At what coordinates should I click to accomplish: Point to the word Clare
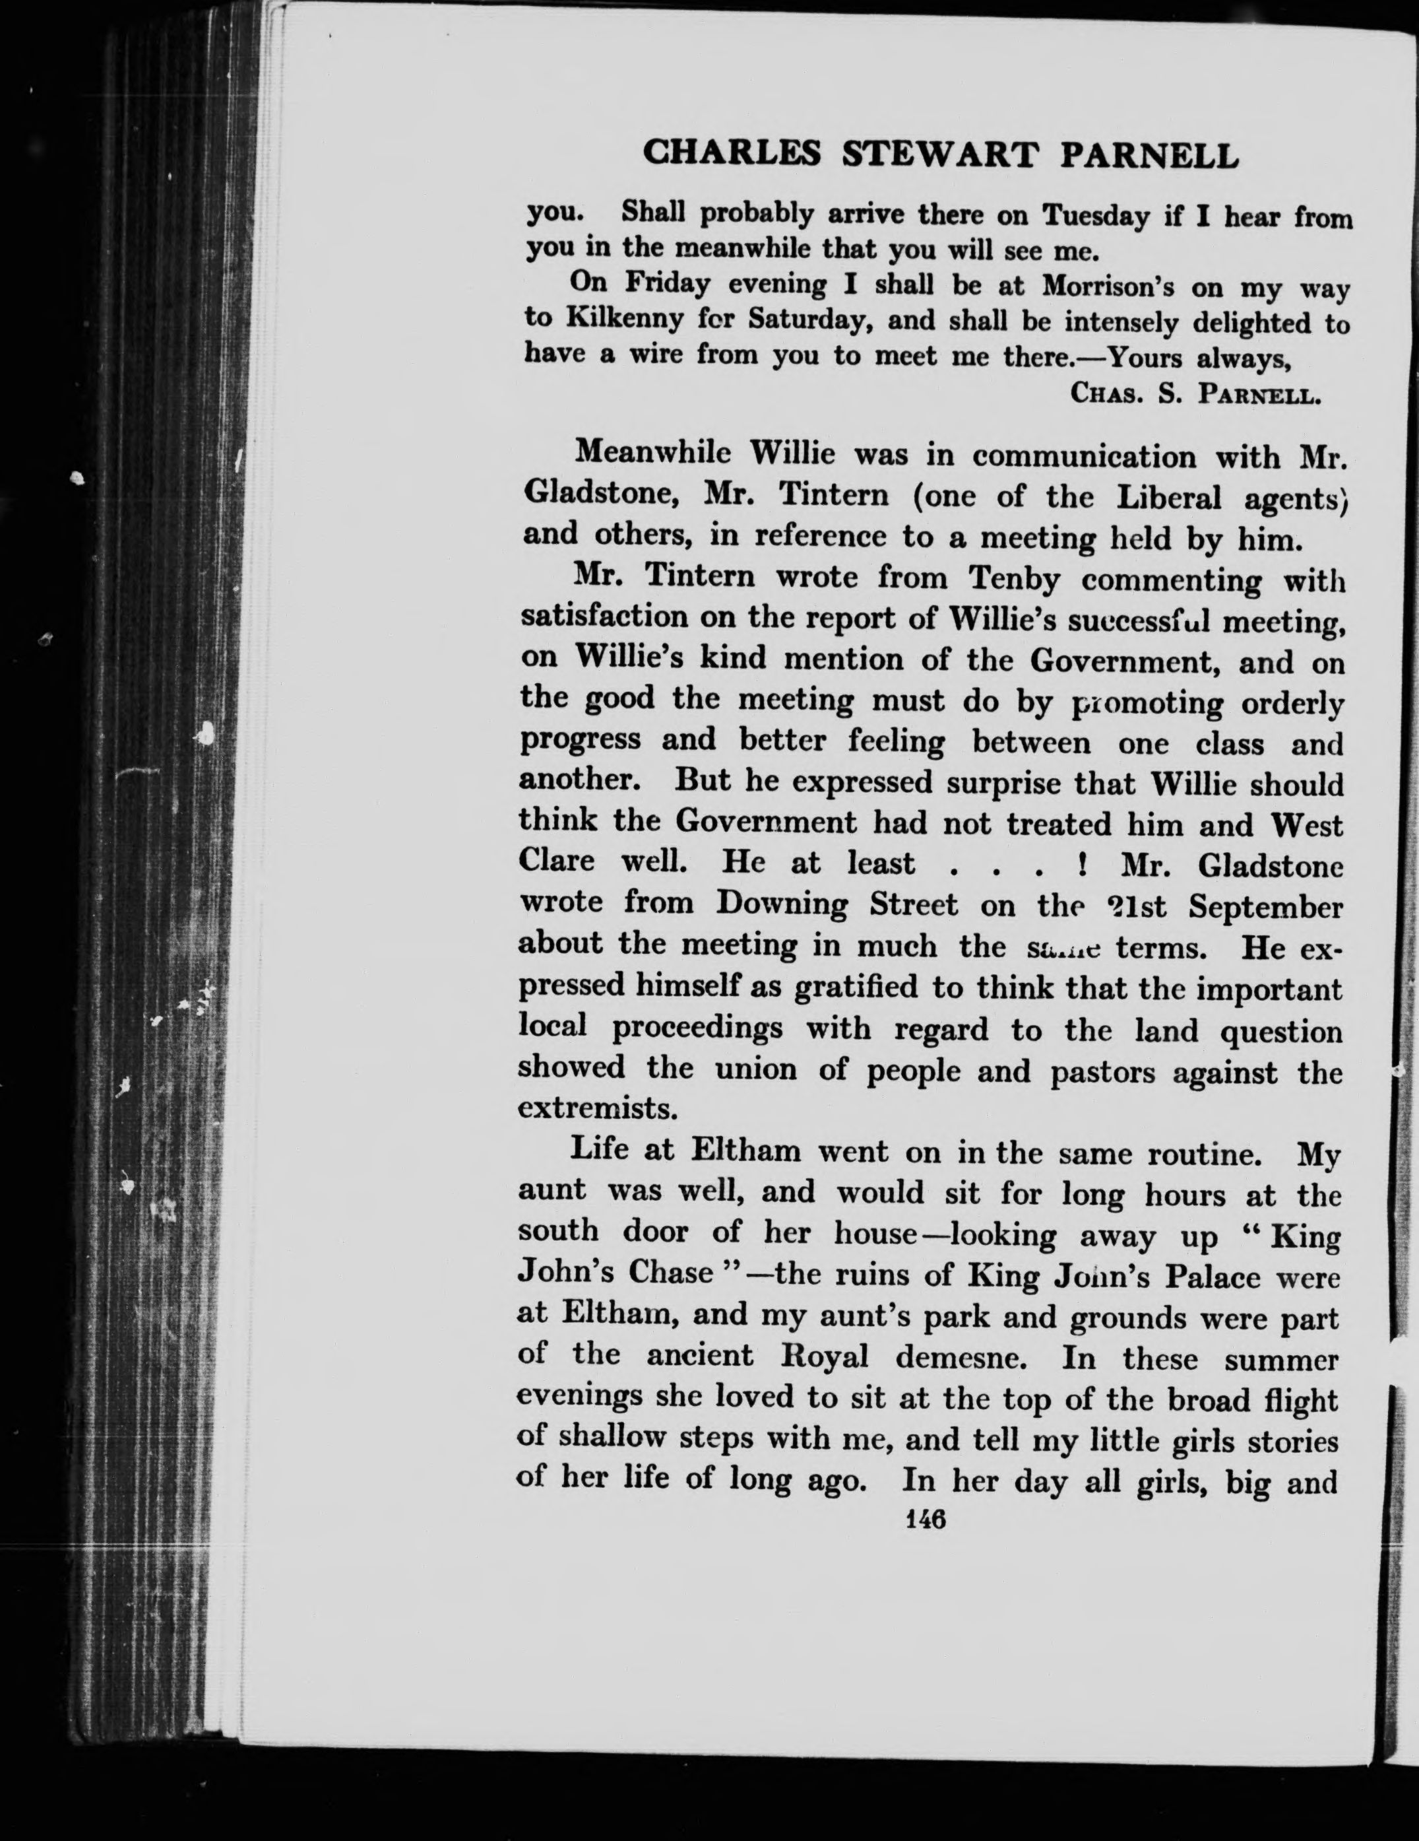[556, 861]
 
